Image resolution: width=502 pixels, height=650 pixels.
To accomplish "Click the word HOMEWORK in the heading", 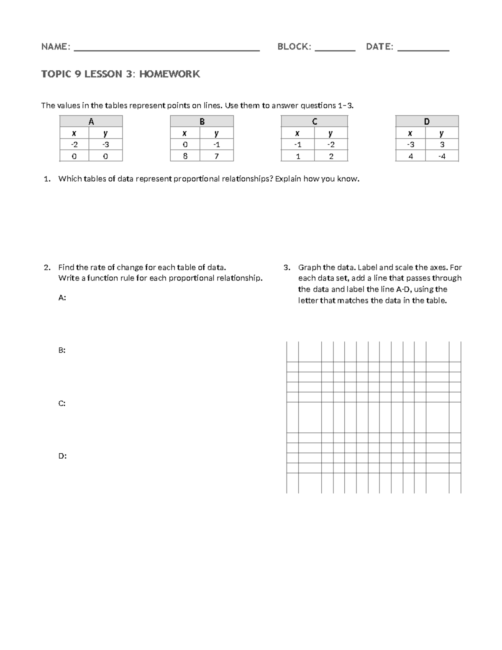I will click(x=169, y=75).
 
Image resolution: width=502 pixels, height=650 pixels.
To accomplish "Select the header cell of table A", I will click(x=91, y=121).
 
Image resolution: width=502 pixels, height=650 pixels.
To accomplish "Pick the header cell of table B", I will click(x=202, y=121).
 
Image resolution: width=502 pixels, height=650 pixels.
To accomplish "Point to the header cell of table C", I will click(x=314, y=121).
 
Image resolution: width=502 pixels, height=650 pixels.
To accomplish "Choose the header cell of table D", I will click(x=427, y=121).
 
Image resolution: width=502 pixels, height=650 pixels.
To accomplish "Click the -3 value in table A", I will click(x=105, y=145).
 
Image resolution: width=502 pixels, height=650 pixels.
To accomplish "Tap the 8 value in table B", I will click(x=185, y=156).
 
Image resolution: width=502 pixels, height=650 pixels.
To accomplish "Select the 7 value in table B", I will click(x=216, y=156).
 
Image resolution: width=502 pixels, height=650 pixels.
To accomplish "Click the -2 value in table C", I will click(x=330, y=145).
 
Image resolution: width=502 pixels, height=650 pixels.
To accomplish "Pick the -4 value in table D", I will click(x=441, y=156).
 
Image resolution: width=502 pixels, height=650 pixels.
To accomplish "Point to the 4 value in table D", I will click(x=410, y=156).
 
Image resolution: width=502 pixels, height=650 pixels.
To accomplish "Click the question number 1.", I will click(x=47, y=179).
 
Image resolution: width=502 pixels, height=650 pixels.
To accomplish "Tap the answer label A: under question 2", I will click(x=62, y=298).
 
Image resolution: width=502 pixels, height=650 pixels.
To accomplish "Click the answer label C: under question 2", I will click(x=62, y=403).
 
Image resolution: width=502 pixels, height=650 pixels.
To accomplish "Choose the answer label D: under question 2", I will click(x=62, y=456).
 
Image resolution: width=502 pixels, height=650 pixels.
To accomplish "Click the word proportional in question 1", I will click(x=196, y=179).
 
